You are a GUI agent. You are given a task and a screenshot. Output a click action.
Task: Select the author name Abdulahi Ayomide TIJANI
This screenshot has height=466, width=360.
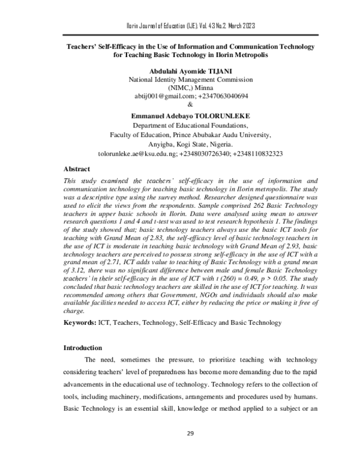[x=180, y=71]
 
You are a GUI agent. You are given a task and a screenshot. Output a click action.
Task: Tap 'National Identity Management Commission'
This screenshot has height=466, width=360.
[x=180, y=79]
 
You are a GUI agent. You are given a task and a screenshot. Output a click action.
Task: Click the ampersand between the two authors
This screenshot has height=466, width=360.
[x=180, y=104]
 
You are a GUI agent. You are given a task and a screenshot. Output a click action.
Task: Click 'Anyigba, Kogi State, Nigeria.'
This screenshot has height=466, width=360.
[x=180, y=144]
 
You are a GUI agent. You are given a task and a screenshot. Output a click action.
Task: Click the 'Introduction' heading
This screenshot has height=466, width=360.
[x=83, y=348]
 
